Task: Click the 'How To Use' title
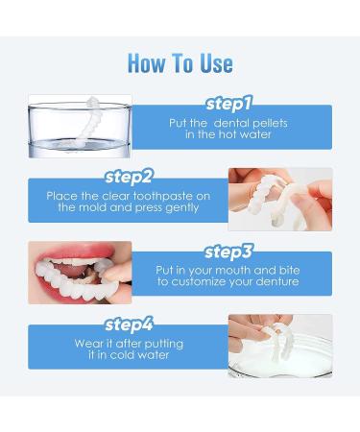(180, 63)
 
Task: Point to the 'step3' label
(229, 252)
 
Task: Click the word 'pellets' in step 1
(270, 122)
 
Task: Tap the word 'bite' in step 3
(283, 270)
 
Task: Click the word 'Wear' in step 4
(89, 343)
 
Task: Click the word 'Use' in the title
(211, 63)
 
